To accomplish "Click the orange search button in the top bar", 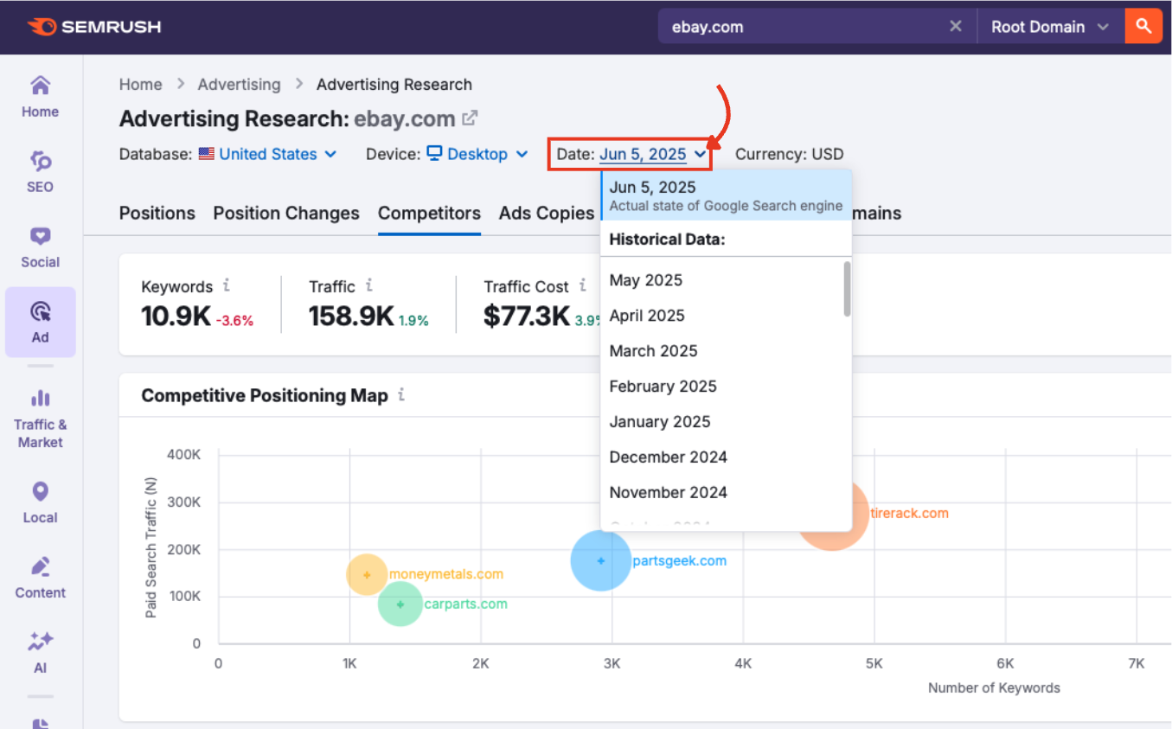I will (1143, 26).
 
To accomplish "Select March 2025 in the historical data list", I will (653, 351).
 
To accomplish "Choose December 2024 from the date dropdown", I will (668, 457).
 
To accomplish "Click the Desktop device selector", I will (477, 154).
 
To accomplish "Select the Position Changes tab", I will (286, 213).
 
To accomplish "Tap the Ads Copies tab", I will (546, 213).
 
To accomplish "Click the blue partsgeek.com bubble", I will (600, 560).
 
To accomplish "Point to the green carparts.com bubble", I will (400, 604).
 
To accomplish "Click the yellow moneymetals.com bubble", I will (367, 574).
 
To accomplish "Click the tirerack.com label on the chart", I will (909, 513).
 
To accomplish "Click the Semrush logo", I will (94, 27).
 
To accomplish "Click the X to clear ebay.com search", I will (955, 26).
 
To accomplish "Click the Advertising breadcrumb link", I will (239, 84).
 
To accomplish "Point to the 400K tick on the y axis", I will (183, 455).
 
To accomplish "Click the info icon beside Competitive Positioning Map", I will (400, 395).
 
